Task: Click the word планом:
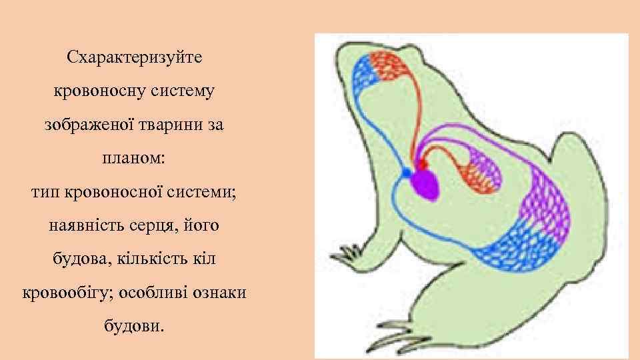(x=133, y=159)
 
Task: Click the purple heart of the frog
(x=425, y=185)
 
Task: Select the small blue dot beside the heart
(x=405, y=173)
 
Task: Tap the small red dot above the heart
(x=421, y=163)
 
